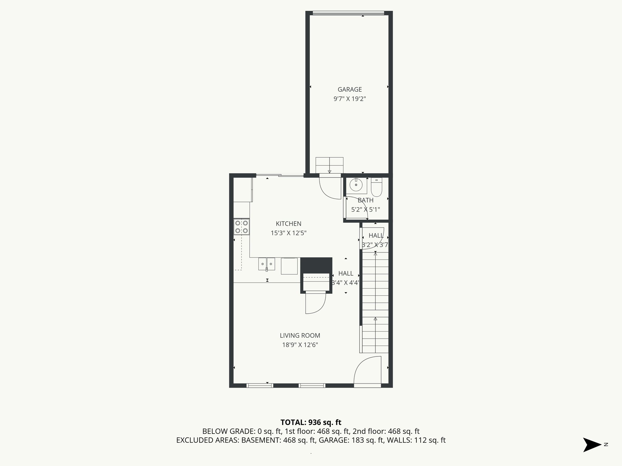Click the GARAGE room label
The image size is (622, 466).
click(x=350, y=89)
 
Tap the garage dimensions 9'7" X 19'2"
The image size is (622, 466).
click(x=350, y=99)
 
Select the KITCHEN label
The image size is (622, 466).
click(x=288, y=224)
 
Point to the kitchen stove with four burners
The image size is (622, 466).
click(x=241, y=227)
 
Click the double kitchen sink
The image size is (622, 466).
click(x=266, y=264)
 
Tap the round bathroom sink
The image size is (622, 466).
click(x=356, y=185)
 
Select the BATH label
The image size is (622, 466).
click(x=365, y=200)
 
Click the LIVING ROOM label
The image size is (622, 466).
click(x=300, y=336)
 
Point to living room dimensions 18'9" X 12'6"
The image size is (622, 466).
click(x=300, y=345)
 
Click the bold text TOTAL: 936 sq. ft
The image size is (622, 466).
click(x=311, y=422)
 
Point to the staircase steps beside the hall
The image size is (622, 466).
click(x=375, y=303)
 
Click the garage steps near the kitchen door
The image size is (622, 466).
click(x=330, y=165)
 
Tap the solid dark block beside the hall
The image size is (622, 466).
click(x=316, y=265)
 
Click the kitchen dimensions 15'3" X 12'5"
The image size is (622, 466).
click(x=288, y=233)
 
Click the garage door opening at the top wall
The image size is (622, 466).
click(x=348, y=13)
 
